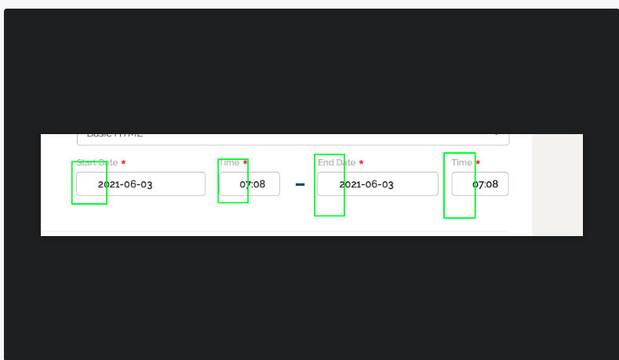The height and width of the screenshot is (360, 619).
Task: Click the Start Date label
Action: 97,162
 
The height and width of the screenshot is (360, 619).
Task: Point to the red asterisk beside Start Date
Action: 123,162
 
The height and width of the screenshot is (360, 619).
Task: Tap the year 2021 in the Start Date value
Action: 108,184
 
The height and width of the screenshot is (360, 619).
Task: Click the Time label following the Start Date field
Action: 229,162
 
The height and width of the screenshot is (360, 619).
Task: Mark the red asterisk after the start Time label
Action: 246,162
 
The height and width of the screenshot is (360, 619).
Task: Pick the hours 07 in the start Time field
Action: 245,184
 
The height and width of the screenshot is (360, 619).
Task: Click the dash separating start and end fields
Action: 300,184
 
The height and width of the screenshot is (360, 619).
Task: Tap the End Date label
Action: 337,162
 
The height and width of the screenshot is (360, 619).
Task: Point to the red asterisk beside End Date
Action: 361,162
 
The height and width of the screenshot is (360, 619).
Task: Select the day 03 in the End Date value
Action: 386,184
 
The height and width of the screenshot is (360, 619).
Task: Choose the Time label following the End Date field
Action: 462,162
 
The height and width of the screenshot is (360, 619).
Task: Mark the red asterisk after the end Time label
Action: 478,162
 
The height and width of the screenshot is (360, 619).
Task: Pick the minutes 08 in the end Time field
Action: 492,184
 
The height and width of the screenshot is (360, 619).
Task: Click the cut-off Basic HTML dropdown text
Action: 115,135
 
